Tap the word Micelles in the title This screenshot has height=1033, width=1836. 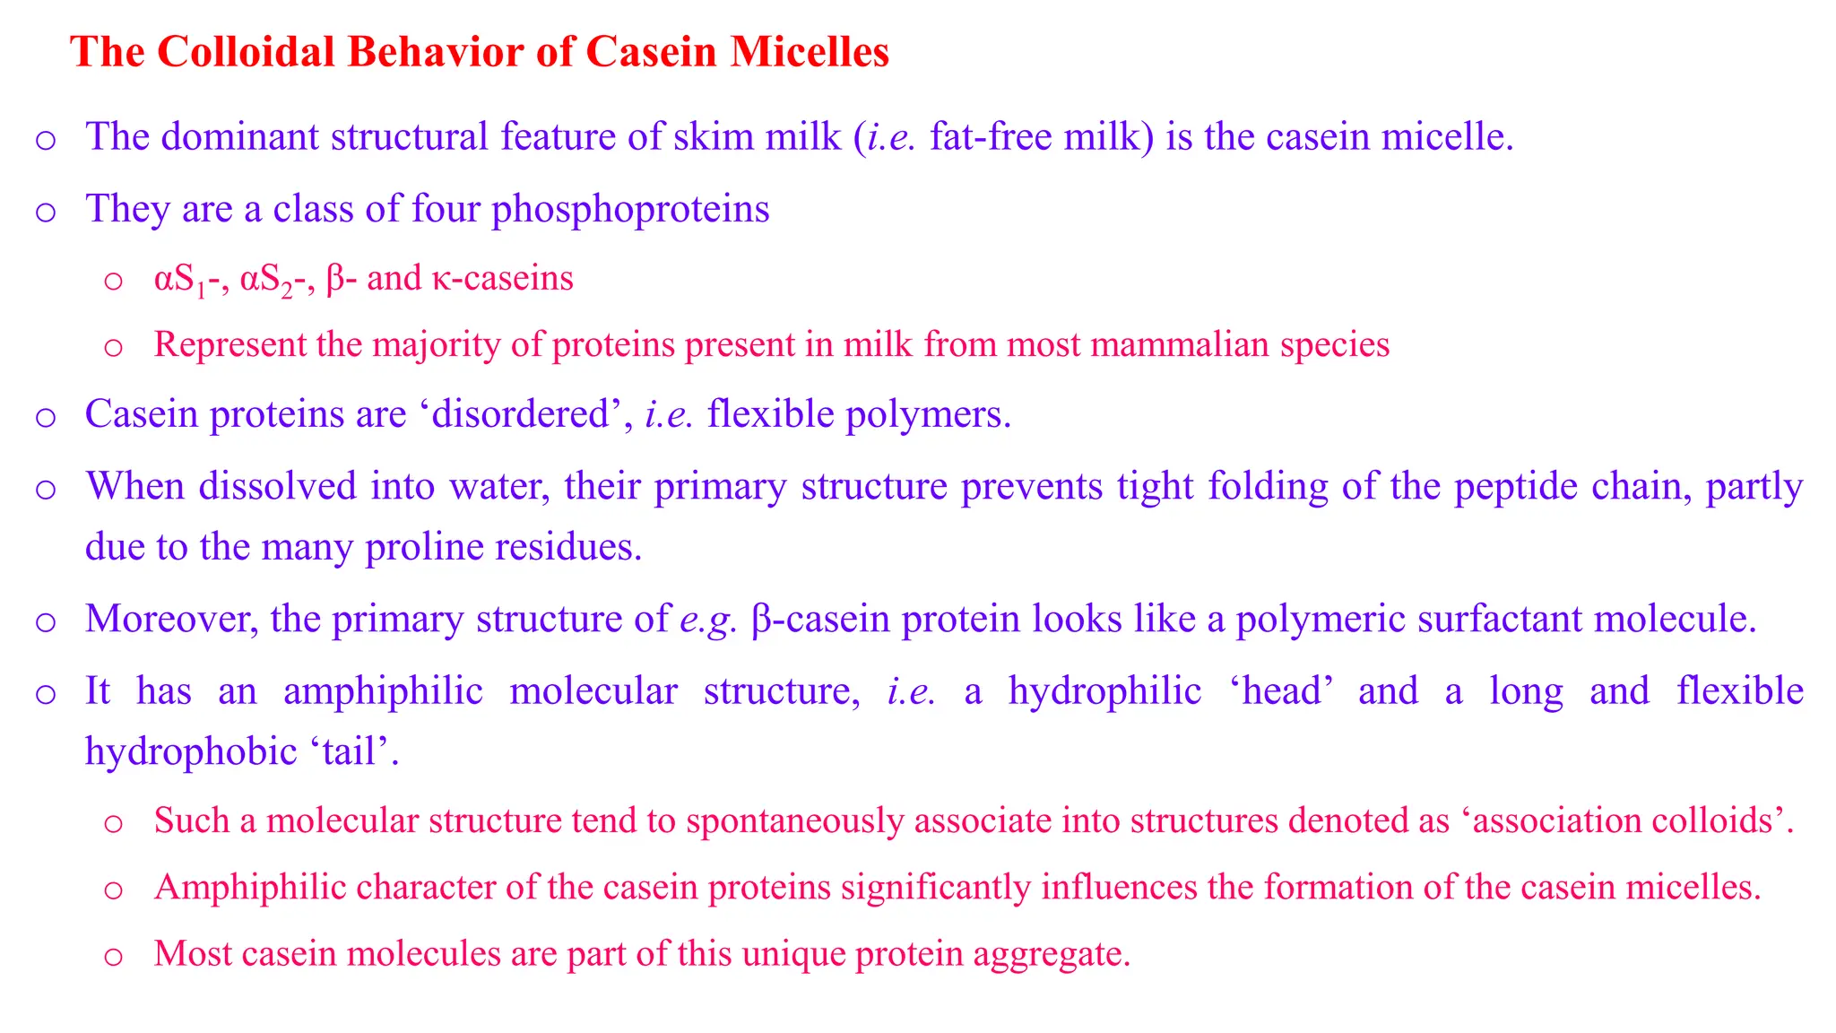point(809,52)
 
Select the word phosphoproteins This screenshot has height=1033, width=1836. point(630,209)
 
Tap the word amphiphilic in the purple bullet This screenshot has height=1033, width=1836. point(383,691)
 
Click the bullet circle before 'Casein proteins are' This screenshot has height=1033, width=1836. point(46,417)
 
